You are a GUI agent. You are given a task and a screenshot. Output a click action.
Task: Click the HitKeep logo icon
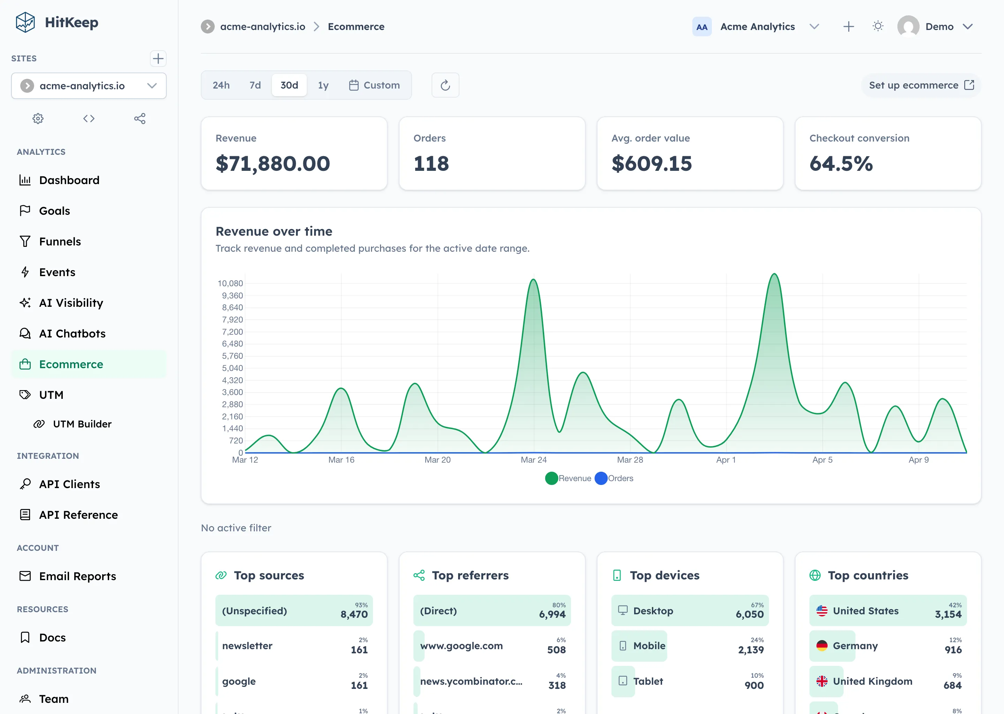(25, 22)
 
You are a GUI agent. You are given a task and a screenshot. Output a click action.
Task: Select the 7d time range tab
(255, 85)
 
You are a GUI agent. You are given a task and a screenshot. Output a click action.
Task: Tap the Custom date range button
(374, 85)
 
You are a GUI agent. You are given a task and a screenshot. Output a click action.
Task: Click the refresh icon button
(445, 85)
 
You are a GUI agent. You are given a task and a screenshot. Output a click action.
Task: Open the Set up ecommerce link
(921, 85)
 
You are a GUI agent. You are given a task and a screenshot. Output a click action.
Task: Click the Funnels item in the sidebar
(60, 241)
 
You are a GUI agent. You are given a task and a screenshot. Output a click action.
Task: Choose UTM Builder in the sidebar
(82, 424)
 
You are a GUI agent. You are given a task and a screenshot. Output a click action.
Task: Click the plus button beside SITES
(158, 59)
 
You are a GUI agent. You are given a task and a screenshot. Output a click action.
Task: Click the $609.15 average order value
(652, 164)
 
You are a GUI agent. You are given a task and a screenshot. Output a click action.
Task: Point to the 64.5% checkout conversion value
(841, 164)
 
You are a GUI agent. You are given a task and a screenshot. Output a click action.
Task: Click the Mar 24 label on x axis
(533, 460)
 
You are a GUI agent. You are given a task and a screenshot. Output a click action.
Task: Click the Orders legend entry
(614, 478)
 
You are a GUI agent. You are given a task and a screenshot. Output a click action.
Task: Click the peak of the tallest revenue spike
(774, 274)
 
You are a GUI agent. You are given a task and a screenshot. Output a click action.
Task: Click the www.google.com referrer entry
(461, 646)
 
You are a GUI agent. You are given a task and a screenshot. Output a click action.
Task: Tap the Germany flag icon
(822, 646)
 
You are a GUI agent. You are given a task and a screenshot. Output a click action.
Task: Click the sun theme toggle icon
(878, 26)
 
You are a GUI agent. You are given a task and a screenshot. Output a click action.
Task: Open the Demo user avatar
(908, 26)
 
